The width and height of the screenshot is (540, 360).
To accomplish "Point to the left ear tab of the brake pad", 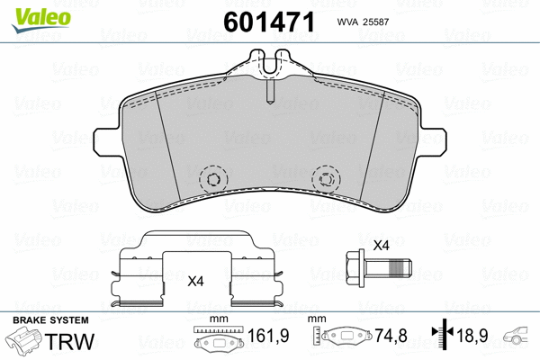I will [105, 140].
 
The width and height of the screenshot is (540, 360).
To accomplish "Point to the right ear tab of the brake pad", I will [433, 140].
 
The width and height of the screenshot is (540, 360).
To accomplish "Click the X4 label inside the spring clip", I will [195, 281].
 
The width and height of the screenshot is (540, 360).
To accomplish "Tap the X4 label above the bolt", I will [380, 246].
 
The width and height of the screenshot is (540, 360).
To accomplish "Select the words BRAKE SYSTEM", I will [49, 320].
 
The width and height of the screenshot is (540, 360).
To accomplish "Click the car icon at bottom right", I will [519, 339].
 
